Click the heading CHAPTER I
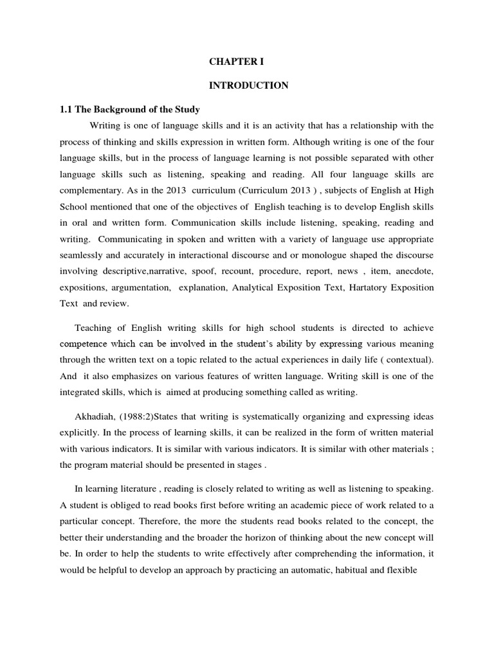pos(236,62)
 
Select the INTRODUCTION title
pos(249,85)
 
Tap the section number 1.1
pos(67,109)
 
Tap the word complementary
pos(89,190)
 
